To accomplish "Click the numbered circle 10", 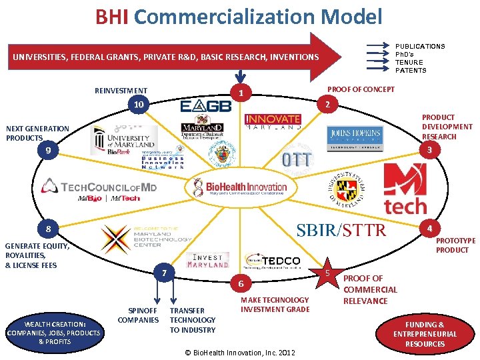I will pos(139,105).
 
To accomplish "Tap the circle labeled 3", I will pos(430,151).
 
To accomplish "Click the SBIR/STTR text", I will pos(341,230).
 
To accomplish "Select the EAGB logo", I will pos(205,106).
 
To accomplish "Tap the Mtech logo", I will pos(404,189).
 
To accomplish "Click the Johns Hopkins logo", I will pos(355,136).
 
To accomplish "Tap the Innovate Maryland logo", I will pos(273,121).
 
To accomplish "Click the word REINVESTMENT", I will pos(121,91).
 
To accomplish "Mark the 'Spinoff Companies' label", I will pos(138,315).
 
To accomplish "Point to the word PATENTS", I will pos(411,70).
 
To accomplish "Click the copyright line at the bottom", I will pos(240,352).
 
